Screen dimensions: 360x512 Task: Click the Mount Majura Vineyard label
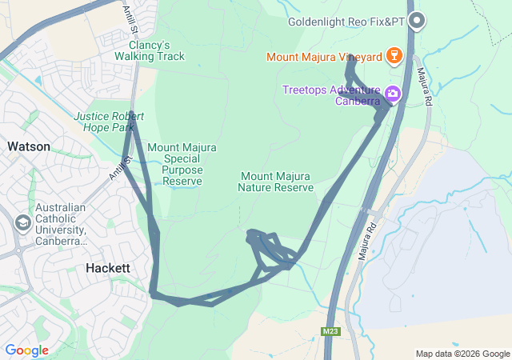click(x=324, y=57)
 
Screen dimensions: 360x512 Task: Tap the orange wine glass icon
click(x=393, y=56)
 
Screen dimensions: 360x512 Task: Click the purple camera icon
click(x=393, y=94)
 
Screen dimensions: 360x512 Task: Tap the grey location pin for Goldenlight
click(x=416, y=22)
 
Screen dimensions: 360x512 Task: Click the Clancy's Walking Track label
click(x=149, y=50)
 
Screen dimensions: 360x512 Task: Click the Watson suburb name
click(x=29, y=146)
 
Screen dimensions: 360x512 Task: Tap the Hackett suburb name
click(x=107, y=269)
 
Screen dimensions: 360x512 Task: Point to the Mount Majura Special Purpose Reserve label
click(x=182, y=164)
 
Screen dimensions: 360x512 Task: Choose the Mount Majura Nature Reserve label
click(x=275, y=182)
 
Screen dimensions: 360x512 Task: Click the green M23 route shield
click(x=330, y=331)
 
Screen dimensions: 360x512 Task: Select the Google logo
click(x=26, y=350)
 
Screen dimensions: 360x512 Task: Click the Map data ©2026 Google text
click(x=462, y=354)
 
